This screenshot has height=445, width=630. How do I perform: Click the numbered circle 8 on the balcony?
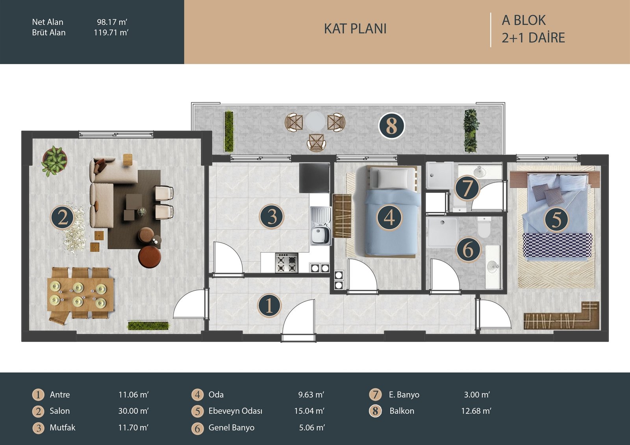391,126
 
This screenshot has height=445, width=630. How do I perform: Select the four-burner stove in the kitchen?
286,263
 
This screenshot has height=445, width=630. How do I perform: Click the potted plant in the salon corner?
54,161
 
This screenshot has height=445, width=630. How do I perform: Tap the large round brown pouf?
150,257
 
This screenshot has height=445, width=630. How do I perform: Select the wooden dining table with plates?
81,294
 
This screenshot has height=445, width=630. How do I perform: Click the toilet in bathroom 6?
484,227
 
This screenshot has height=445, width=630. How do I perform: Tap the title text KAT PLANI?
355,29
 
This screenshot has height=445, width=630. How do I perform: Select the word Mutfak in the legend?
63,428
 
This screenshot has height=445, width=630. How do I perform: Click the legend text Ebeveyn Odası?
235,411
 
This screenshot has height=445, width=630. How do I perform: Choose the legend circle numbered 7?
375,395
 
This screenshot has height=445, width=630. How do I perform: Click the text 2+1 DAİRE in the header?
533,38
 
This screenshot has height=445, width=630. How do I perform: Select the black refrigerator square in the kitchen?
315,178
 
